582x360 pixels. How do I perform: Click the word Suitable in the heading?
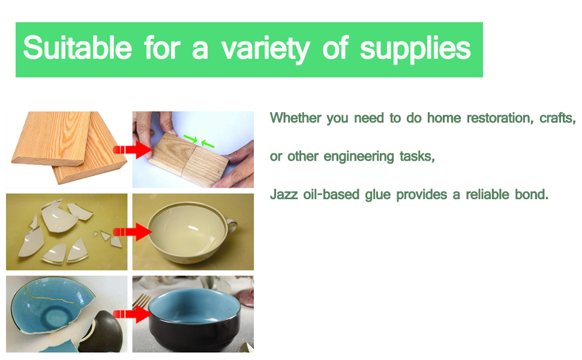[x=77, y=49]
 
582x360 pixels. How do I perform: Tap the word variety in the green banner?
[x=265, y=49]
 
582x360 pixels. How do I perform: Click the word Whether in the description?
[x=295, y=118]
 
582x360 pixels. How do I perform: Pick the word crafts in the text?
[x=557, y=118]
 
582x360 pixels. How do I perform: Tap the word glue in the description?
[x=377, y=196]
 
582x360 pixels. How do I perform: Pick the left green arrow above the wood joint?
[x=190, y=139]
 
